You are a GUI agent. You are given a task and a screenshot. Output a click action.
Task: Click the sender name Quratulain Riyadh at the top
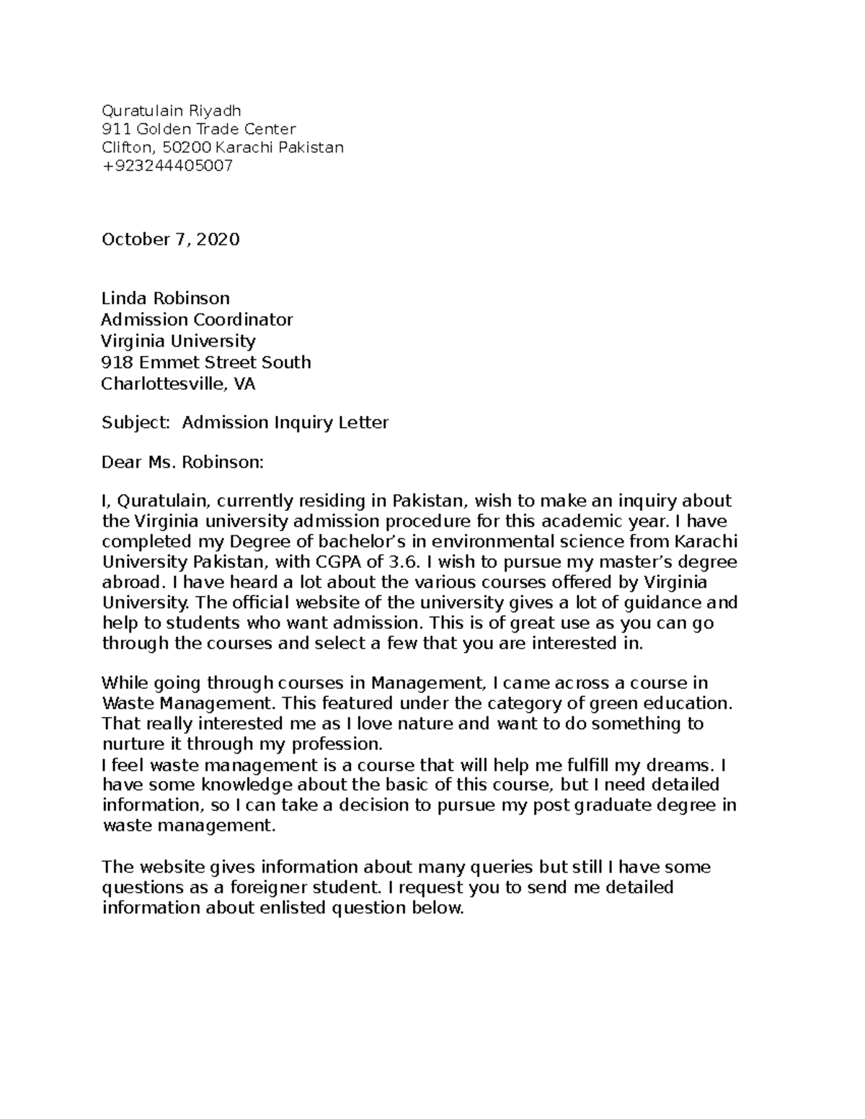(171, 110)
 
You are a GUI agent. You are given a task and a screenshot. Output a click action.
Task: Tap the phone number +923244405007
(167, 166)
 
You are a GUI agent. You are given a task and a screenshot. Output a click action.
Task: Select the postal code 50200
(187, 148)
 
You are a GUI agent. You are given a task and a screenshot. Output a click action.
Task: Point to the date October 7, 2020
(170, 239)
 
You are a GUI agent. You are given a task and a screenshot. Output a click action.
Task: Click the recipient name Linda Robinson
(165, 298)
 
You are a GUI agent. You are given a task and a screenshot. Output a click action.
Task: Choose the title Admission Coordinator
(197, 320)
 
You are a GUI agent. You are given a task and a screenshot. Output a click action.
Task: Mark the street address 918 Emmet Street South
(205, 362)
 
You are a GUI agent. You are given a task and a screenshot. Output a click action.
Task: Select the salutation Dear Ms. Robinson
(182, 463)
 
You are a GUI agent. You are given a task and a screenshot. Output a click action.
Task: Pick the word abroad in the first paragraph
(127, 582)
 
